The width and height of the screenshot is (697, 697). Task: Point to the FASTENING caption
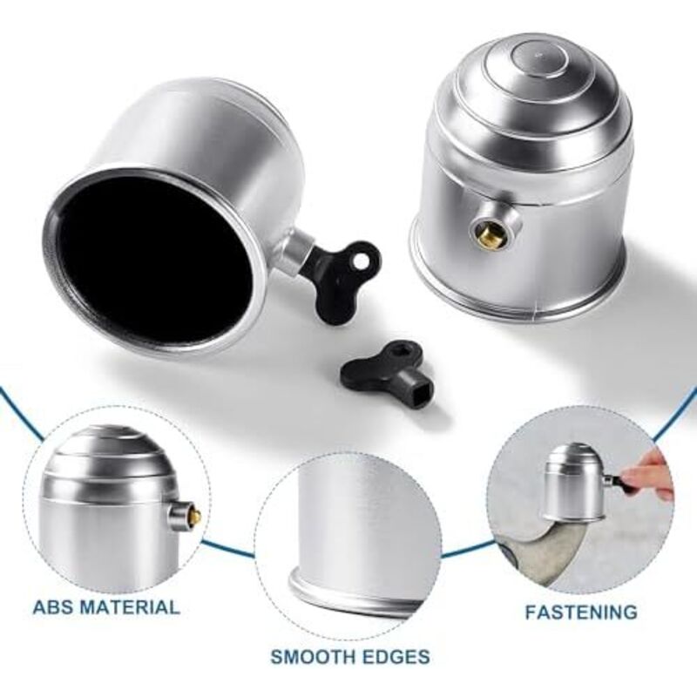[581, 612]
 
